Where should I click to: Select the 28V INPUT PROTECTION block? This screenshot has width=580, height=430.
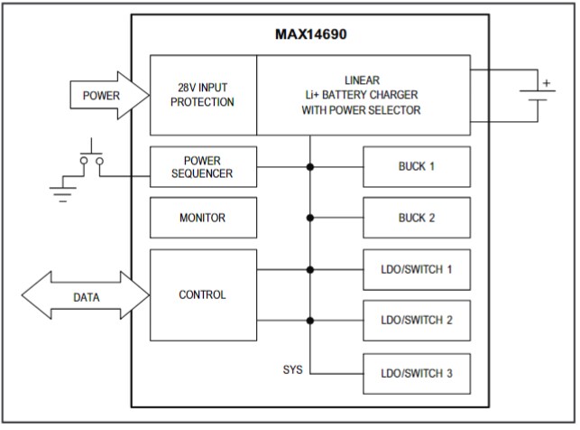click(x=204, y=95)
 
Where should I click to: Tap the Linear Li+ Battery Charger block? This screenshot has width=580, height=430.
click(x=363, y=95)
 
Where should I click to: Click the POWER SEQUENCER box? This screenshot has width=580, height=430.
click(x=203, y=167)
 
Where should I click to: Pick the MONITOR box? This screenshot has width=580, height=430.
click(x=203, y=218)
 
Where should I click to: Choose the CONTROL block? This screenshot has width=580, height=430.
click(x=203, y=294)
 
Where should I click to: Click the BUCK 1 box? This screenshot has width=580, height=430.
click(x=416, y=167)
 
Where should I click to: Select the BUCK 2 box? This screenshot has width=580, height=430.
click(x=416, y=218)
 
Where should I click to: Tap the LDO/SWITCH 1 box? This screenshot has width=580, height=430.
click(x=416, y=269)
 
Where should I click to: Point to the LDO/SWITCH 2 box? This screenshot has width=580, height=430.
click(x=416, y=320)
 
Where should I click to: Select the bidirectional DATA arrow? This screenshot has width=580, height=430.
click(x=86, y=296)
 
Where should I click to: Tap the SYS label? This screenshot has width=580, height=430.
click(x=293, y=371)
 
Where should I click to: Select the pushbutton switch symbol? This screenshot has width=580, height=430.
click(x=90, y=155)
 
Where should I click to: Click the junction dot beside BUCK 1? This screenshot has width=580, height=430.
click(x=310, y=167)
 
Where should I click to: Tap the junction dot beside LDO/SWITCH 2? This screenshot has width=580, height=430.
click(x=310, y=320)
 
